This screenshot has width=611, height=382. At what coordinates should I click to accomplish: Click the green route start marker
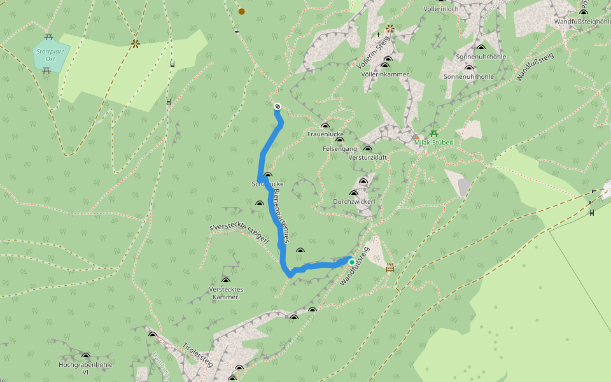coord(351,262)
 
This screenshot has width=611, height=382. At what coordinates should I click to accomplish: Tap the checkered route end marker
coord(277,106)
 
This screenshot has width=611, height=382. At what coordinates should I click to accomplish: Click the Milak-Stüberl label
coord(433,143)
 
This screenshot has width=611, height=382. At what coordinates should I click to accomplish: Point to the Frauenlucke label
coord(325,135)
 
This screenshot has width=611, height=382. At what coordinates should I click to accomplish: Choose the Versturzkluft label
coord(367,158)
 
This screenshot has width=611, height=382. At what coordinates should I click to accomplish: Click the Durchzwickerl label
coord(354,202)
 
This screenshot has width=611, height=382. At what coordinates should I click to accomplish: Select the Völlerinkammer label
coord(384,74)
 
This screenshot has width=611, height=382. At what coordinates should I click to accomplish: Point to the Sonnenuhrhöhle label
coord(468,76)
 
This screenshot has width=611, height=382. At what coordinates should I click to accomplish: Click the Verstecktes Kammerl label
coord(226,294)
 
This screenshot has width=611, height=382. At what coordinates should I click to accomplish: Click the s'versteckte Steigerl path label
coord(239,233)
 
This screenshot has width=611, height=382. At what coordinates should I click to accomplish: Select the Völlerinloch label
coord(441,10)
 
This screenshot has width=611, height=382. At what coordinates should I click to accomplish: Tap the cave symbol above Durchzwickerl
coord(354,193)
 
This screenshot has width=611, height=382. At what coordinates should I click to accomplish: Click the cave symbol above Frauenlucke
coord(325,126)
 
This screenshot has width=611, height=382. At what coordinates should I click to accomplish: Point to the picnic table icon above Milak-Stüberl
coord(434,133)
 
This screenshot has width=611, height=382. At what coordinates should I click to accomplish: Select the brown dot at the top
coord(241,11)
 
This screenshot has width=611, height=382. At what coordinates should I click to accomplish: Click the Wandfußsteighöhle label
coord(583,22)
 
